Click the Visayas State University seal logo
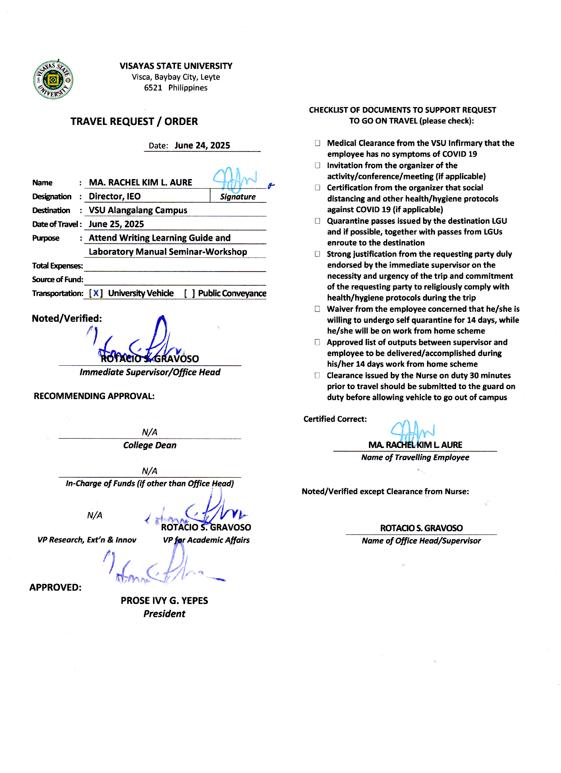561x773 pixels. (x=53, y=80)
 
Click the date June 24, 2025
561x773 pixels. (x=202, y=146)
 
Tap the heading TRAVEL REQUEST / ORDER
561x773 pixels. (x=134, y=122)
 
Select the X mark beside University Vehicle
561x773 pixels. (x=96, y=293)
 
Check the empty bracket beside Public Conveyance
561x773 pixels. (x=190, y=293)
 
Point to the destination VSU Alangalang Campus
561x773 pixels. (x=138, y=210)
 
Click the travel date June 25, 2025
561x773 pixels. (x=116, y=224)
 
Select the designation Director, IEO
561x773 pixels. (x=115, y=197)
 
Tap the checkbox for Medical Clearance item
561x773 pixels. (x=317, y=143)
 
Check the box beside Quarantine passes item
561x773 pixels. (x=317, y=221)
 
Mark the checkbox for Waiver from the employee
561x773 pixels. (x=317, y=309)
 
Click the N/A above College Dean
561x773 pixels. (x=149, y=432)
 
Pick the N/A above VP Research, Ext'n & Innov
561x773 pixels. (x=95, y=515)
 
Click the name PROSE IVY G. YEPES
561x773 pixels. (x=164, y=601)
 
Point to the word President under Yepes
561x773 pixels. (x=164, y=614)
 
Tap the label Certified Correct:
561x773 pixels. (x=335, y=419)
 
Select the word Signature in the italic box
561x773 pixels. (x=238, y=197)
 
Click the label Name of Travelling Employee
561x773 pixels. (x=415, y=458)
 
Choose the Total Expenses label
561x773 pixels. (x=57, y=266)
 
